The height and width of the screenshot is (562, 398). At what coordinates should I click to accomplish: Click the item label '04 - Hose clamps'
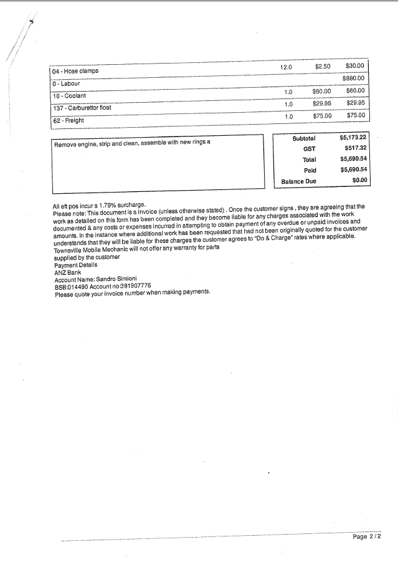(x=75, y=71)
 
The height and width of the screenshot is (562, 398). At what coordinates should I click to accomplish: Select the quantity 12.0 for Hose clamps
(x=286, y=67)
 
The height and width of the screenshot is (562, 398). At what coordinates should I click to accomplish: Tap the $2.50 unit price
(x=323, y=66)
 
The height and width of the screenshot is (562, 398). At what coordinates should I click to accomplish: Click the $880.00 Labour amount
(x=354, y=79)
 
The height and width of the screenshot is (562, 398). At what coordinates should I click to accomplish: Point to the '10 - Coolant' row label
(x=70, y=96)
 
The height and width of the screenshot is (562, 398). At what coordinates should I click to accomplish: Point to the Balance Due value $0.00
(x=360, y=181)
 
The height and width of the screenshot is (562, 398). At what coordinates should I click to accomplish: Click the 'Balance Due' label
(x=299, y=181)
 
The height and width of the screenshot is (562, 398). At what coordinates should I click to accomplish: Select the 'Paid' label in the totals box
(x=310, y=170)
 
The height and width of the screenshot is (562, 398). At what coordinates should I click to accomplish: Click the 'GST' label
(x=310, y=149)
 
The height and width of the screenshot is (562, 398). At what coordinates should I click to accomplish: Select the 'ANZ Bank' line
(x=69, y=272)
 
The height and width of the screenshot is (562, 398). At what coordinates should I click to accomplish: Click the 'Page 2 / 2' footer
(x=366, y=536)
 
